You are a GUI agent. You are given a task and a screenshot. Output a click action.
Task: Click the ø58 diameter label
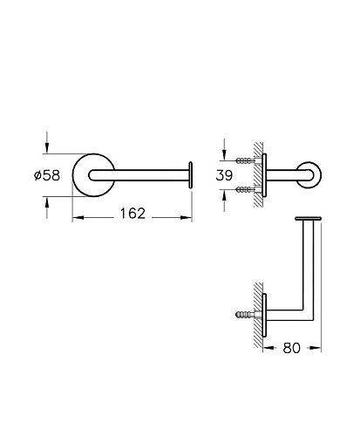click(47, 175)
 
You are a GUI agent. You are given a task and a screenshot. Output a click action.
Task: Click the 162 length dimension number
click(132, 214)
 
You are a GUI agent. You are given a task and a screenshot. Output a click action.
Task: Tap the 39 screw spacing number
click(224, 175)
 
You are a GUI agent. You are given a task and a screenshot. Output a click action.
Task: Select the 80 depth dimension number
click(291, 348)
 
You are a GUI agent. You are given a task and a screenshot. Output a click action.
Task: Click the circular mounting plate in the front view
click(78, 185)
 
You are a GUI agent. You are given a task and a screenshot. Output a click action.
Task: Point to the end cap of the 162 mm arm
click(191, 175)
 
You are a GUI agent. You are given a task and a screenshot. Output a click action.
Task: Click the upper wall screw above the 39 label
click(246, 160)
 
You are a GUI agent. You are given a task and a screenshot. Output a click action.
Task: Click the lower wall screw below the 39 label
click(246, 190)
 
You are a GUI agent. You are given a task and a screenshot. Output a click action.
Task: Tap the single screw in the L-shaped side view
click(245, 315)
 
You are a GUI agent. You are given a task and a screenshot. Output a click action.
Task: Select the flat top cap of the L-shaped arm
click(308, 218)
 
